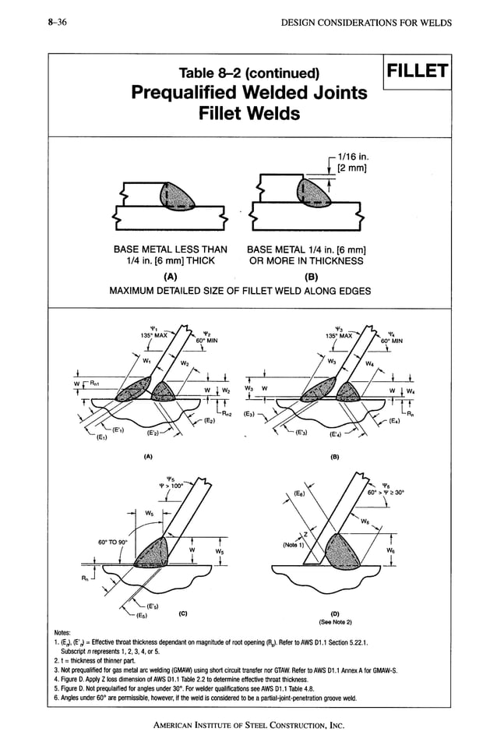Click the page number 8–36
tap(55, 23)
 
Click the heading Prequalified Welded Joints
tap(249, 93)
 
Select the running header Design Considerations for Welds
tap(365, 23)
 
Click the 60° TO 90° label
tap(113, 541)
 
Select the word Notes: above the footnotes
tap(62, 631)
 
